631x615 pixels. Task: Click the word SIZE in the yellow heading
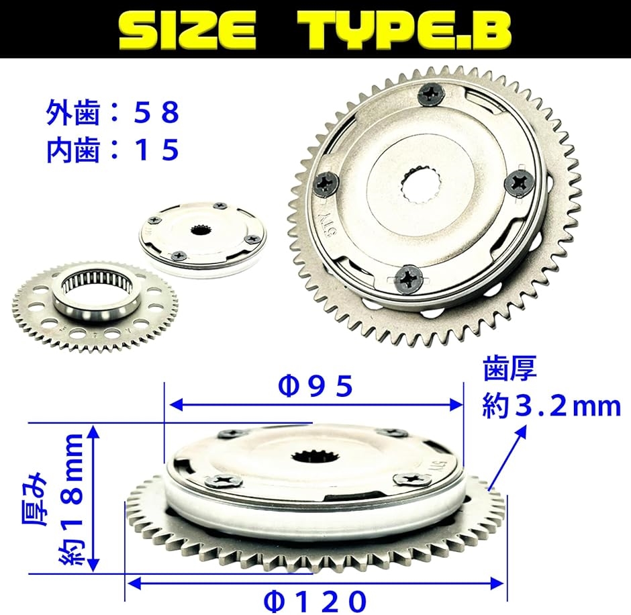point(187,30)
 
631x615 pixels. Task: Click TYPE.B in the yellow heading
point(405,30)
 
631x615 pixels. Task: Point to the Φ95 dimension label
point(315,386)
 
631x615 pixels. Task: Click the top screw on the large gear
point(431,95)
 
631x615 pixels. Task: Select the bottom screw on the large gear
point(408,278)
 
